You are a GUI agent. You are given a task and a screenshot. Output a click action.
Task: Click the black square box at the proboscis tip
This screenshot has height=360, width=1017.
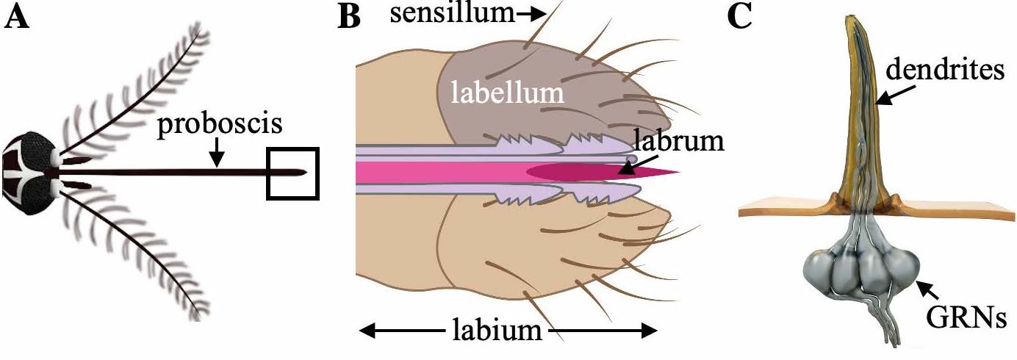coord(292,173)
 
